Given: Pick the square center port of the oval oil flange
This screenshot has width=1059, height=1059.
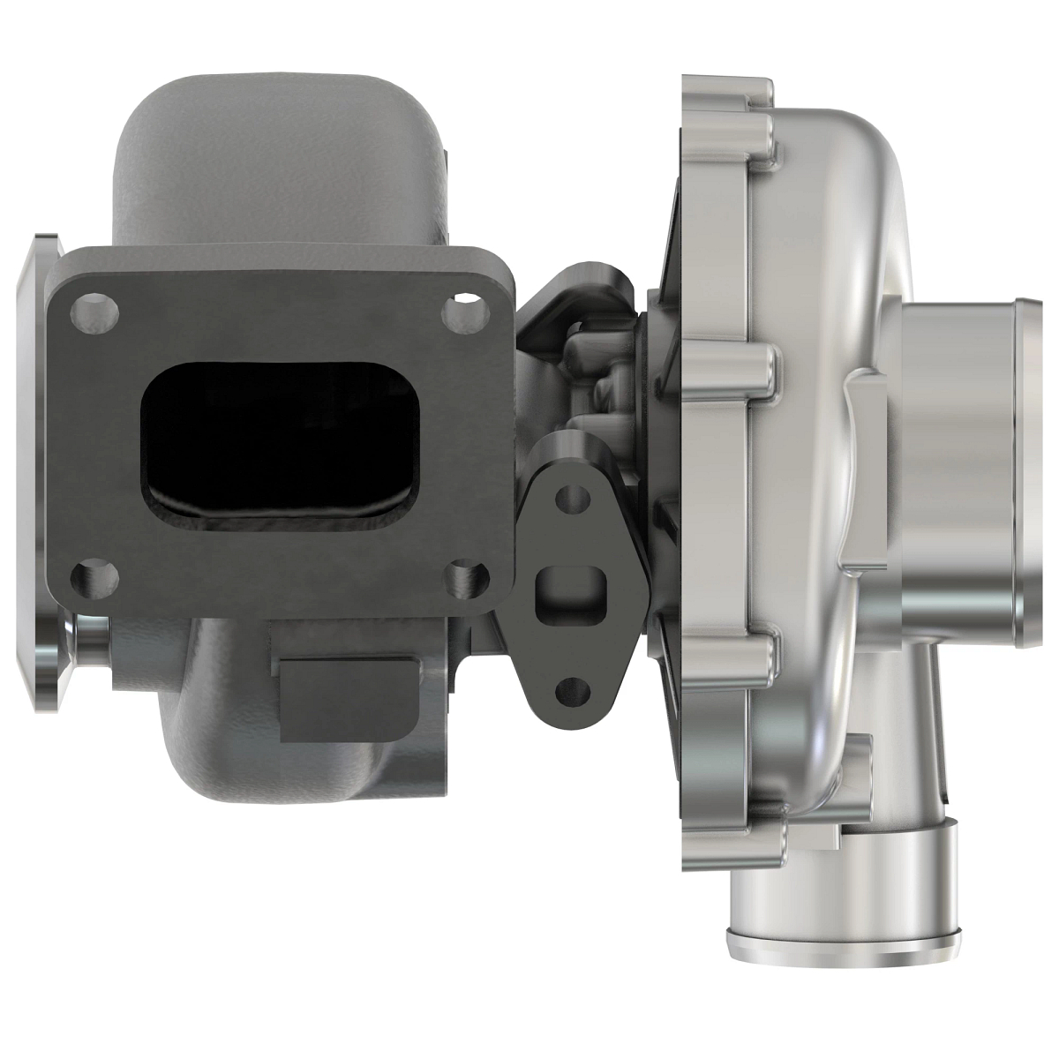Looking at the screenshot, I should pos(568,588).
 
